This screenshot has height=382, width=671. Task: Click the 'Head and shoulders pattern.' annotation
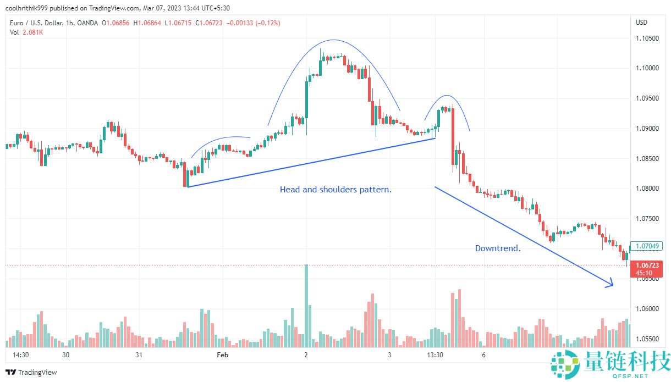335,190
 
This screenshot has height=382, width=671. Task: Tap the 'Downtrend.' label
498,248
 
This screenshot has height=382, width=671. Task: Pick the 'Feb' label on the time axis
222,355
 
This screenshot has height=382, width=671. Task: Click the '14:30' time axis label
21,355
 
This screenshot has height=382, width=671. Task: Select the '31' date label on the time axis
139,355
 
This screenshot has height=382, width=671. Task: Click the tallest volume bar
306,305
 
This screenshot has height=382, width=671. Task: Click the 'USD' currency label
641,23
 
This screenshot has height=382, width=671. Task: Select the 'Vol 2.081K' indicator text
26,32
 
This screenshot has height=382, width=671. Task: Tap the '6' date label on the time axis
483,355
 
